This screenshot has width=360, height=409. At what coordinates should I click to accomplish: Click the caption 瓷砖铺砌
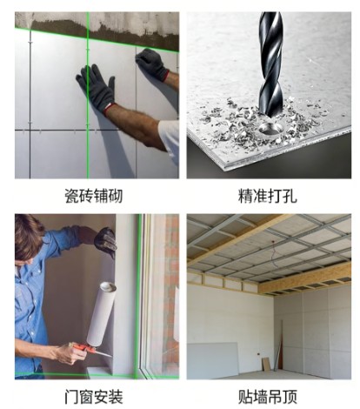pyautogui.click(x=93, y=196)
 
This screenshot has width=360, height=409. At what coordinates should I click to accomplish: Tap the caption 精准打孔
pyautogui.click(x=268, y=196)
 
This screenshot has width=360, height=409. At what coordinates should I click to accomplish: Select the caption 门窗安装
pyautogui.click(x=93, y=397)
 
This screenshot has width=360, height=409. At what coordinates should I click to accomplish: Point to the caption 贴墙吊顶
pyautogui.click(x=268, y=397)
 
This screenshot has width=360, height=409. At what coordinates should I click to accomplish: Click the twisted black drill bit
pyautogui.click(x=270, y=64)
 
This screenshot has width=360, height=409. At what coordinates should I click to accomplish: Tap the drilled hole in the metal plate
pyautogui.click(x=271, y=128)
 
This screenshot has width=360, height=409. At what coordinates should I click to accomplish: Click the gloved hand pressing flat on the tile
pyautogui.click(x=96, y=87)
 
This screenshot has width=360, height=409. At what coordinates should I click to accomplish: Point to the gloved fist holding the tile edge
pyautogui.click(x=152, y=64)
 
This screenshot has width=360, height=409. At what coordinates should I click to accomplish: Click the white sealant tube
pyautogui.click(x=102, y=314)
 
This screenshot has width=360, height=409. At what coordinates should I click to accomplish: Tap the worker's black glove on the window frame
pyautogui.click(x=106, y=241)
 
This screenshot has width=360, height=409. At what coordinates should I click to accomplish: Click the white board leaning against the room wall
pyautogui.click(x=213, y=359)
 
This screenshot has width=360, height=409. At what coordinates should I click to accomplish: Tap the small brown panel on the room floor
pyautogui.click(x=266, y=364)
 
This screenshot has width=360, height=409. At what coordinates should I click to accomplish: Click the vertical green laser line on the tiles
pyautogui.click(x=88, y=95)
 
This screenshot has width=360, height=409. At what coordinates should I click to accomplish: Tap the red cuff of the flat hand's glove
pyautogui.click(x=110, y=108)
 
